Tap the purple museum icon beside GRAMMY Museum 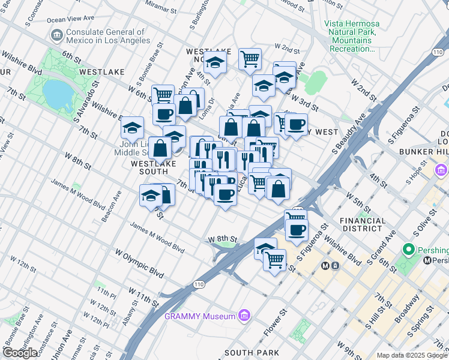pos(244,315)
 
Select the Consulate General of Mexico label pos(108,36)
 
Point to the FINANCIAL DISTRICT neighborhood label pos(363,224)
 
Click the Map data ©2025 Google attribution pos(412,355)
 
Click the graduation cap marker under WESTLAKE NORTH pos(214,62)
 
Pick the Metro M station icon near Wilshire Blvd pos(326,265)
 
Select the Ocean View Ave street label pos(70,19)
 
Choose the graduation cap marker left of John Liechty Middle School pos(131,128)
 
